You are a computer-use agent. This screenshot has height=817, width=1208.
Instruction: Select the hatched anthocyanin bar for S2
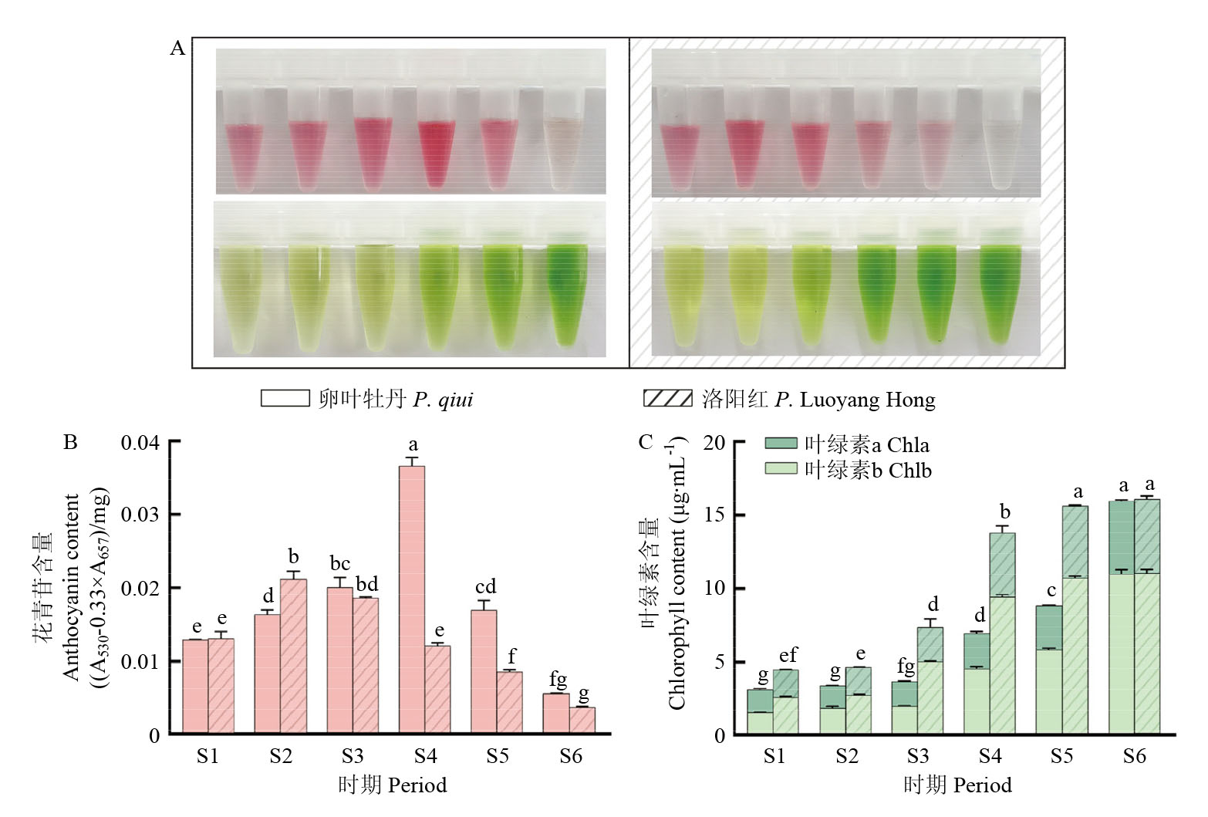point(293,656)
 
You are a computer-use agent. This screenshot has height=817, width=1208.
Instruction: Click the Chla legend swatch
point(781,444)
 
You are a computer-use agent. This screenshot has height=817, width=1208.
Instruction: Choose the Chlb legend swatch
point(781,469)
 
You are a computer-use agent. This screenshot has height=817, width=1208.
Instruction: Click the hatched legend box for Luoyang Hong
point(667,398)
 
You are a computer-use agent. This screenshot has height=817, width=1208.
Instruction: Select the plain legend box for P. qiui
point(285,398)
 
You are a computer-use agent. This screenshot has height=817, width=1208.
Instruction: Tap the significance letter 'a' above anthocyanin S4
point(413,445)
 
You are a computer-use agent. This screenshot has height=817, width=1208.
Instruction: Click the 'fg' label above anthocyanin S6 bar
point(558,679)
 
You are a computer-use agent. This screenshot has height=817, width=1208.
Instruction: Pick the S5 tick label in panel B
point(498,756)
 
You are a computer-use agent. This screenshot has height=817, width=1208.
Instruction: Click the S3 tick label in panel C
point(918,756)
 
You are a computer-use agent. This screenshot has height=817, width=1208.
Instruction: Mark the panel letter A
point(177,49)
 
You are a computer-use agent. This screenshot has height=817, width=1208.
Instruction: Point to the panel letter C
point(646,442)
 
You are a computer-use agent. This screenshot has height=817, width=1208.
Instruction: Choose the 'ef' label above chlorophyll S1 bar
point(788,655)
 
